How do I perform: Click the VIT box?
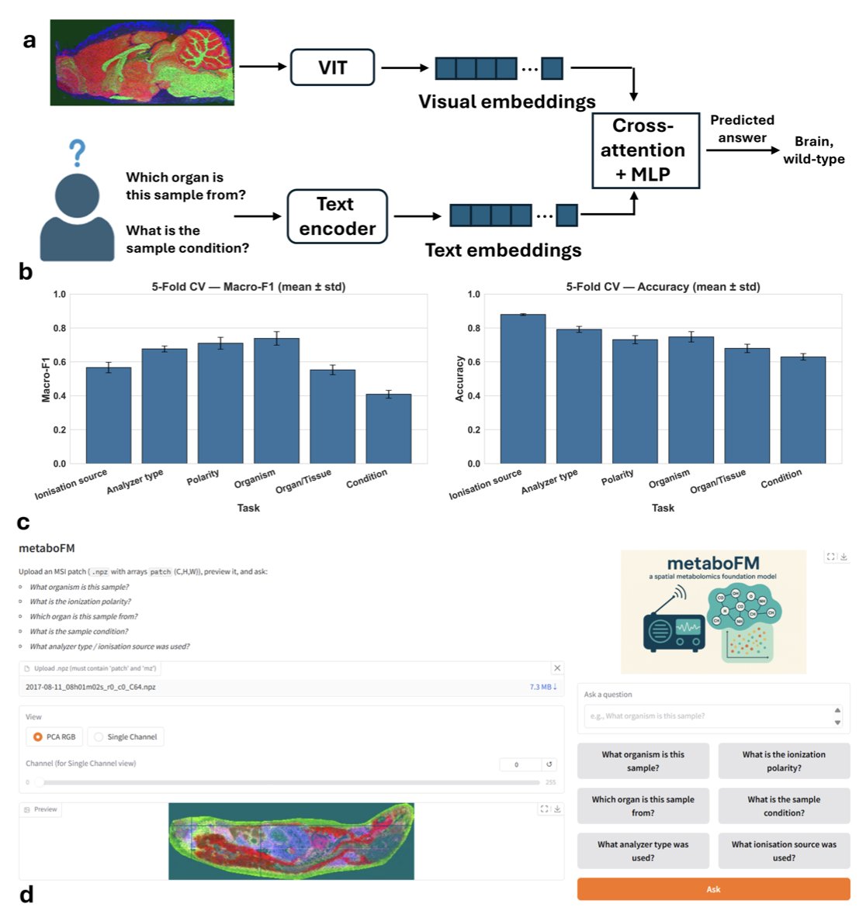[x=332, y=67]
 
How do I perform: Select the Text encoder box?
[x=337, y=216]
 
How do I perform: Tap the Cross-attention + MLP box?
[x=645, y=150]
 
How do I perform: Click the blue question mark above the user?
[x=77, y=153]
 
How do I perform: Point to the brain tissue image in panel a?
[x=142, y=62]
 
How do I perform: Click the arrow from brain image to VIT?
[x=262, y=67]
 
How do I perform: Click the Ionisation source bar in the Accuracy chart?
[x=522, y=388]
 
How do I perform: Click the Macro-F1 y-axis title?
[x=46, y=379]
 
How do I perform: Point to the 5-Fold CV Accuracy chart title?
[x=663, y=287]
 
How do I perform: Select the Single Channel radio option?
[x=99, y=736]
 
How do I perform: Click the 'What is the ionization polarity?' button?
[x=783, y=761]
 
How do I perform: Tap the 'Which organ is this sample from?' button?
[x=643, y=806]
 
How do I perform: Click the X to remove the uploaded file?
[x=557, y=668]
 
